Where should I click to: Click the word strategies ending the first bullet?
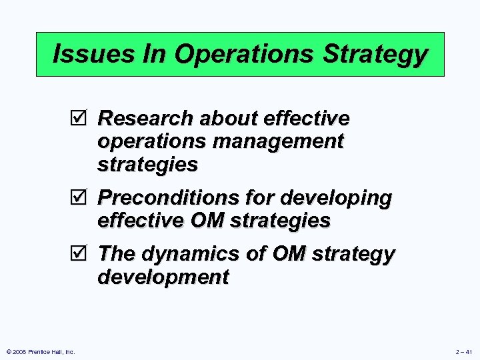coord(147,164)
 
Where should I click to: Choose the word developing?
coord(337,198)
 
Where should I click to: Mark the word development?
coord(163,277)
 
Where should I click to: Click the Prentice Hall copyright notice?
coord(41,351)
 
